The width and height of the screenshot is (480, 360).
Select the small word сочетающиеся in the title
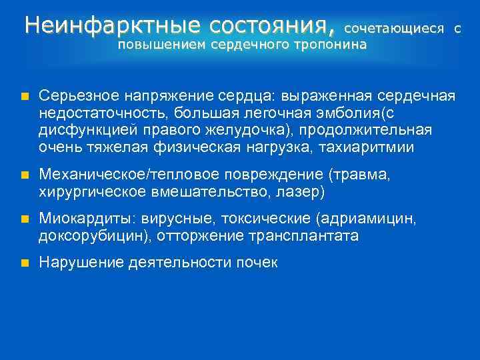(394, 30)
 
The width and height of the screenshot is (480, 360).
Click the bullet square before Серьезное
(24, 97)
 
